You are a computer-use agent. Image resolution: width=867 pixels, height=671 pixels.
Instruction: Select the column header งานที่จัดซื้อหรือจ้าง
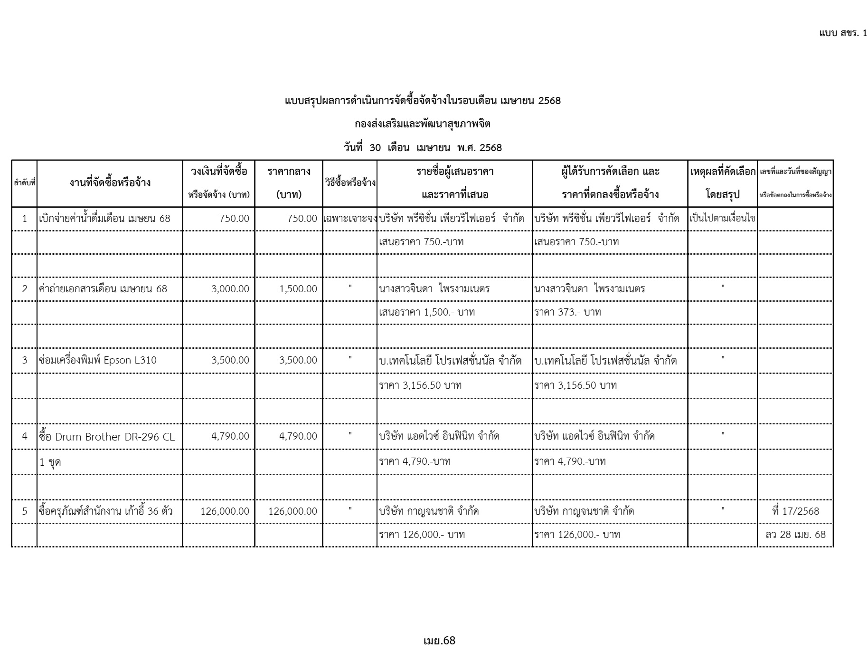110,182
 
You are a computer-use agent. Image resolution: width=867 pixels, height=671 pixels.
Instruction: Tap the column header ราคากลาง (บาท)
289,183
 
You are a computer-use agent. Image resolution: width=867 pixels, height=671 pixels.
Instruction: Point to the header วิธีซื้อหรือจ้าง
350,183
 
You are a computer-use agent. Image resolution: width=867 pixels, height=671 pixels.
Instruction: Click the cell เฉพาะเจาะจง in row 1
350,219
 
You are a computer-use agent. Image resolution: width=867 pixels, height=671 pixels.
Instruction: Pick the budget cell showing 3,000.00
230,289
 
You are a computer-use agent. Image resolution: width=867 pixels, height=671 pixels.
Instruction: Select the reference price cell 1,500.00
298,289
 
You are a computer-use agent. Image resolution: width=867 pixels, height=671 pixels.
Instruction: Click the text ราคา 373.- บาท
567,312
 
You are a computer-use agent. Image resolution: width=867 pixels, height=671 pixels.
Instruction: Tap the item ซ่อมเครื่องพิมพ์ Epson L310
98,360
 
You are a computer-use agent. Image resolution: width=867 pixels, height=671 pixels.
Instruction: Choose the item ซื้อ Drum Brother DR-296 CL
107,437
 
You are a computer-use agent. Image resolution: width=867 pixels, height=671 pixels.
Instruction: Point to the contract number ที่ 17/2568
795,511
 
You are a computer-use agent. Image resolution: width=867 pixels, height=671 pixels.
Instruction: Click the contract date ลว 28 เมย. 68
795,535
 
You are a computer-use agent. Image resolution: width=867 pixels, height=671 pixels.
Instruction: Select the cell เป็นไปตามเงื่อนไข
722,219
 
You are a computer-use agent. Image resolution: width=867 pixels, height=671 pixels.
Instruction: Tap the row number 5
25,511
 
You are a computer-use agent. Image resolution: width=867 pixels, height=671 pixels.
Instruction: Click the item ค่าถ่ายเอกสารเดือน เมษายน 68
103,289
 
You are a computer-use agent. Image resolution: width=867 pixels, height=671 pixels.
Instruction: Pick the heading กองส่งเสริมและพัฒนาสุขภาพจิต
423,125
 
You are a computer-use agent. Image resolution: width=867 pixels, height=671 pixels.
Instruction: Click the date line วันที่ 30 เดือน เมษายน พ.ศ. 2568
423,148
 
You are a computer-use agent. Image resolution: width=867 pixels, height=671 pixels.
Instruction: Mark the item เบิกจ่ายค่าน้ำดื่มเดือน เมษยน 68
104,219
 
